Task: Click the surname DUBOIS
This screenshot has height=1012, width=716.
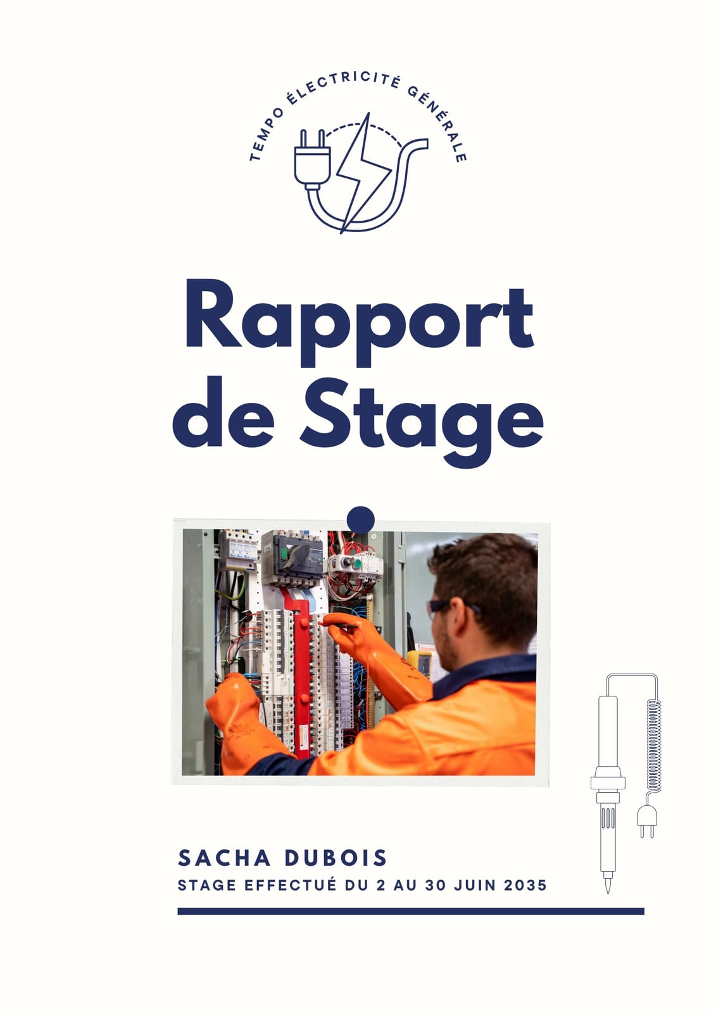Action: coord(335,858)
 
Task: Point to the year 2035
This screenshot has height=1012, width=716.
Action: coord(525,885)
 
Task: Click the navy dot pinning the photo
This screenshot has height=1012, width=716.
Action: coord(360,520)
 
